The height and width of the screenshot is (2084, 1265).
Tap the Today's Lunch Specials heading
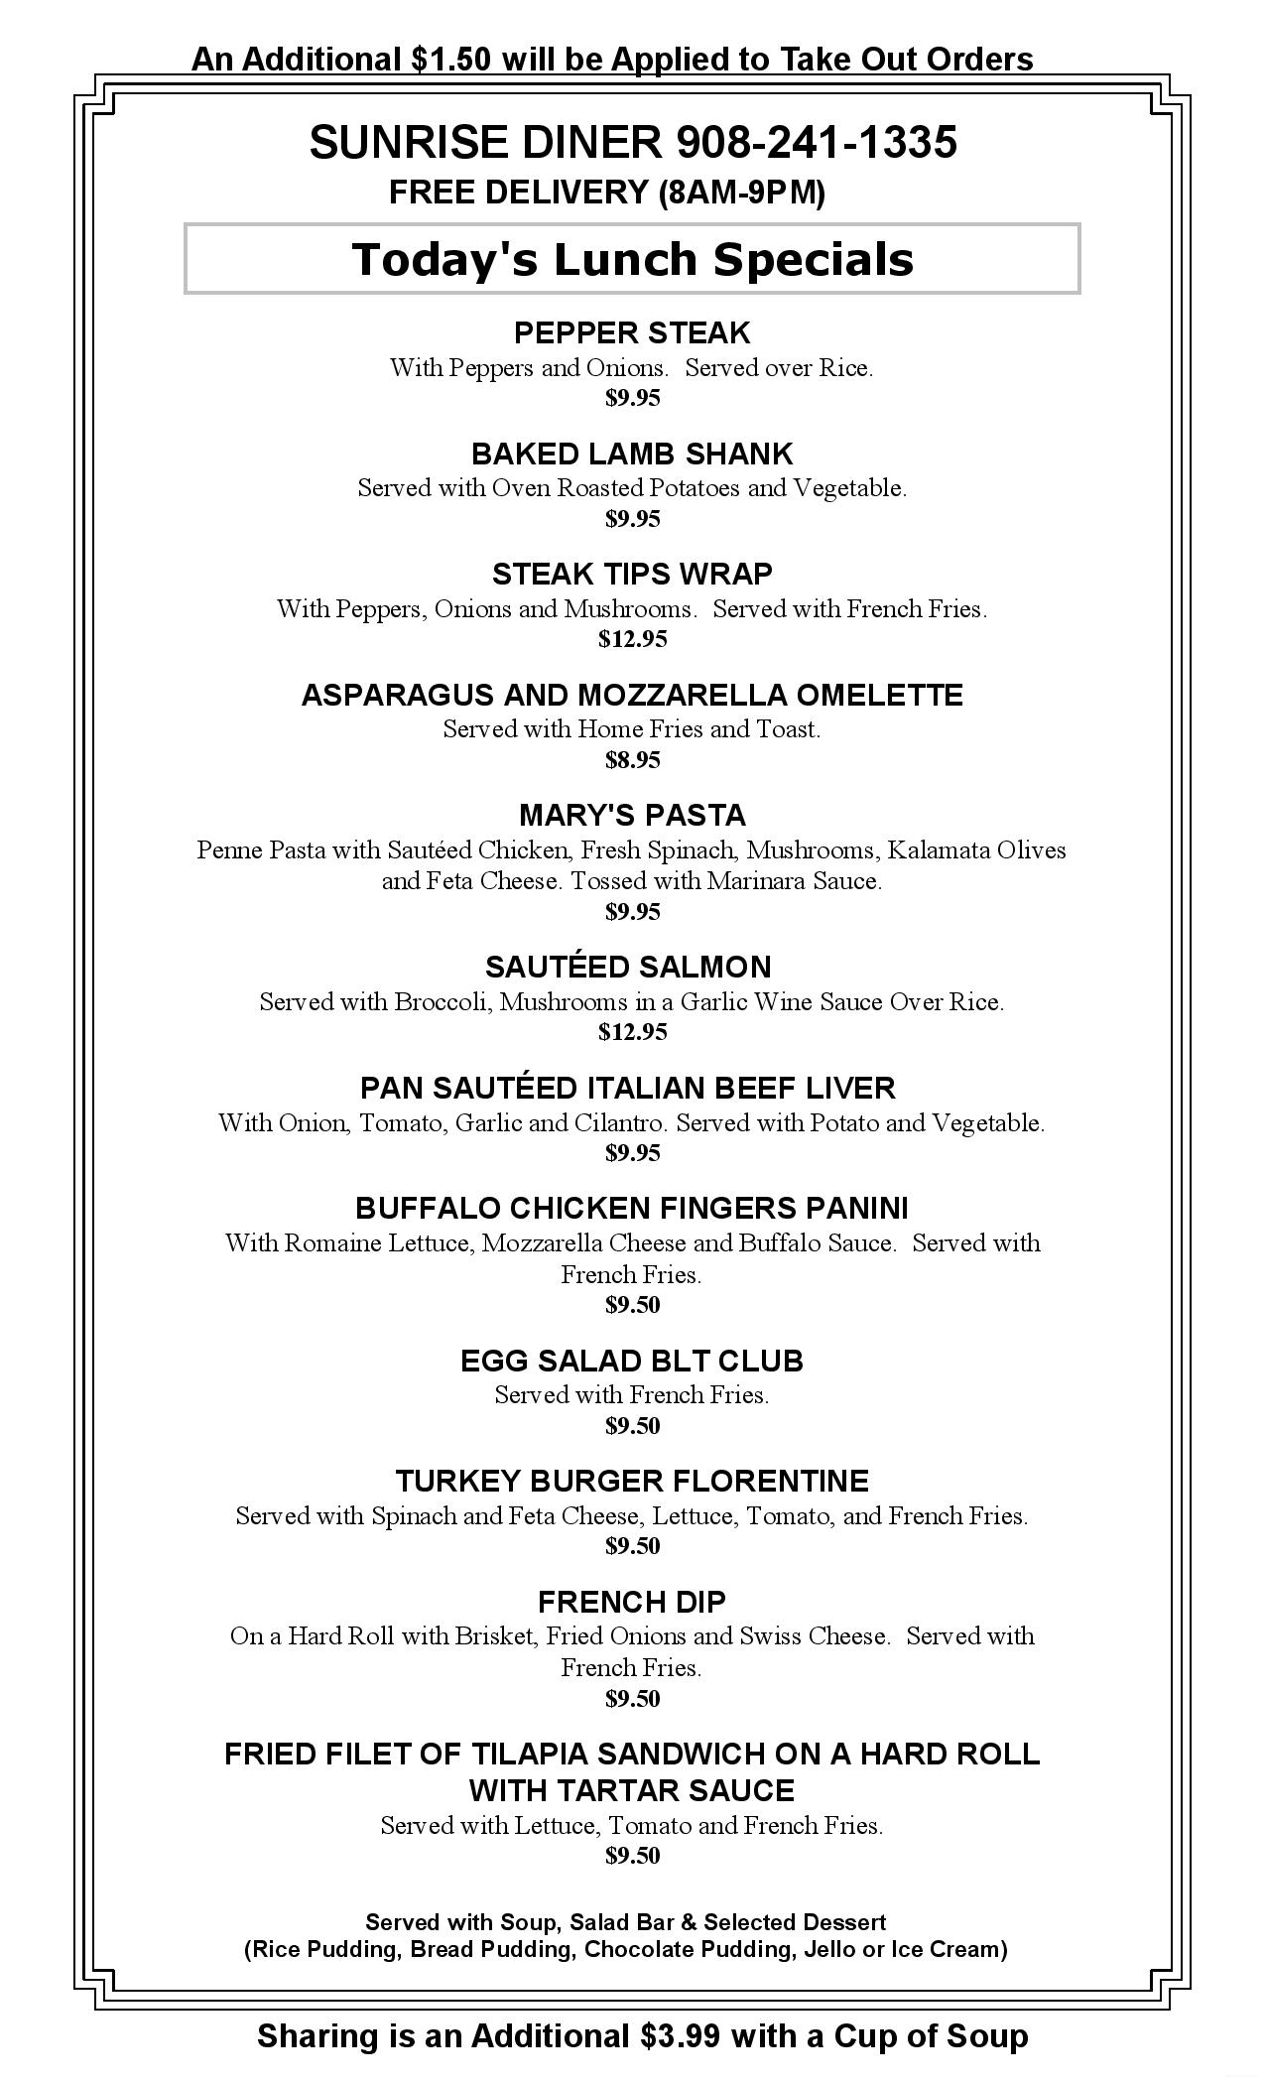point(632,259)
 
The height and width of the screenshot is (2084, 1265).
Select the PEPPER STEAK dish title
point(632,332)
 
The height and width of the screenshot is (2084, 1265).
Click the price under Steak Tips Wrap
point(632,639)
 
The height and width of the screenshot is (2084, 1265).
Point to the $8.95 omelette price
point(632,760)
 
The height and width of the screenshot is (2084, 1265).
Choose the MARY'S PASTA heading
point(632,815)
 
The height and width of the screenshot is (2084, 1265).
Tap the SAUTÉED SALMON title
point(627,967)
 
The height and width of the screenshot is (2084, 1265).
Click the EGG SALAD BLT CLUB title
point(631,1361)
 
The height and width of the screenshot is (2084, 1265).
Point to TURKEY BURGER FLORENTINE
point(632,1481)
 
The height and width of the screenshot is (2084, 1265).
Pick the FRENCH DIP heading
point(631,1602)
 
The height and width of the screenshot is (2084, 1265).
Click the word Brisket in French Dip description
point(494,1636)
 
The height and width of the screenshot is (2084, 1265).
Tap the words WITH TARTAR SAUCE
point(632,1791)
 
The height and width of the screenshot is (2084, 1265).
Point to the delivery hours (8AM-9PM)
point(741,193)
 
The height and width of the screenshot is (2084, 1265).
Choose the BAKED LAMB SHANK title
point(632,454)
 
